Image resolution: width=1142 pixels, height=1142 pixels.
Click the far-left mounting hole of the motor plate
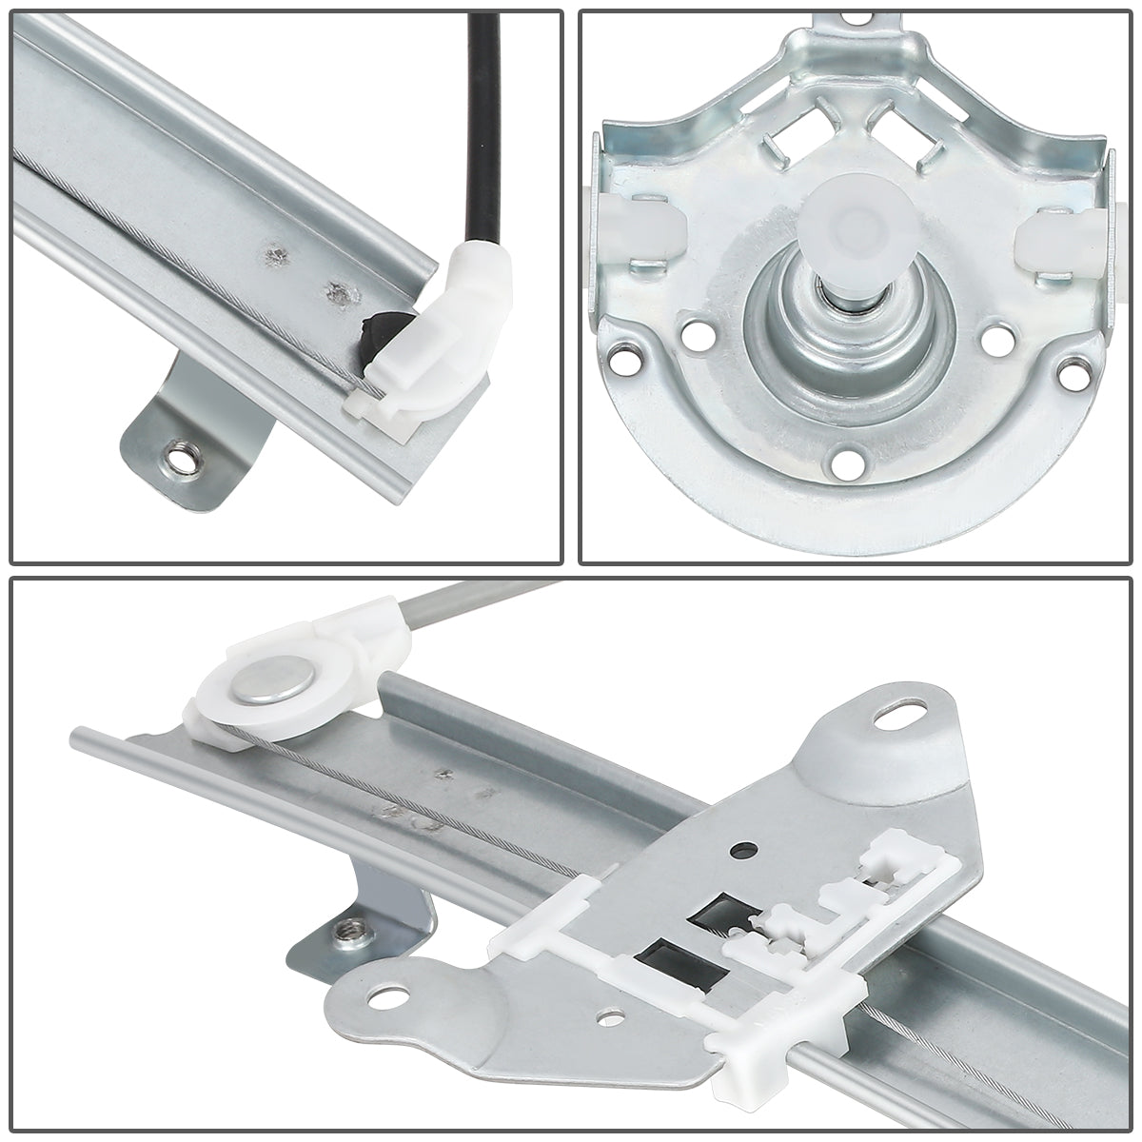626,359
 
